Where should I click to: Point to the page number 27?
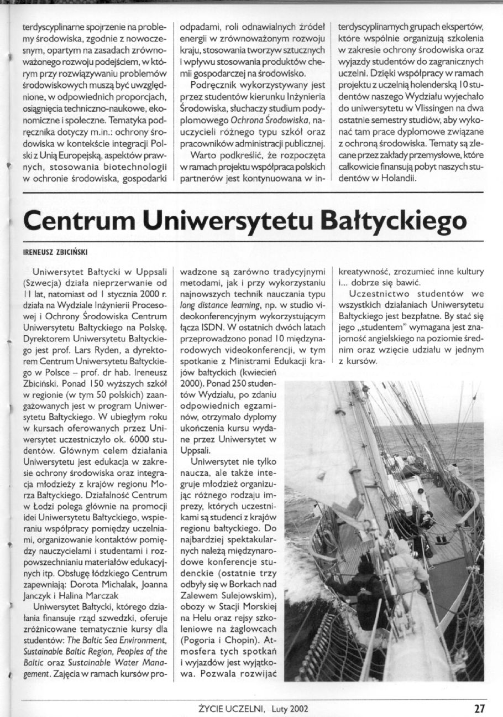click(479, 708)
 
